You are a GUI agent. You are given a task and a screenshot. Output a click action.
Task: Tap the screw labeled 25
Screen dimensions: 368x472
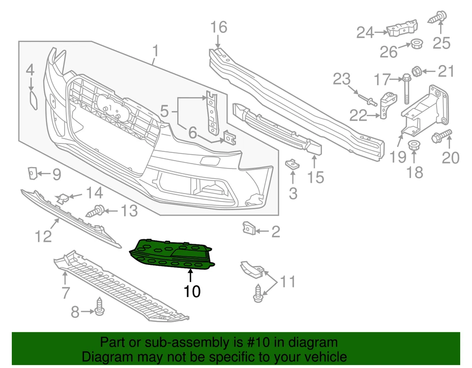click(x=437, y=19)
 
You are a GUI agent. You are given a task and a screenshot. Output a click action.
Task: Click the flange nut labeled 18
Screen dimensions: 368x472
click(x=413, y=145)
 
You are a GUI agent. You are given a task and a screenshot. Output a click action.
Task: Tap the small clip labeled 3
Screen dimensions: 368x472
click(x=292, y=164)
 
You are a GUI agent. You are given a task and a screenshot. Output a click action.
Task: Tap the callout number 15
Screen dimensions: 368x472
click(x=316, y=176)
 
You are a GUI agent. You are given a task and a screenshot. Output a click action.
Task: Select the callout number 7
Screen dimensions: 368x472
click(x=66, y=293)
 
